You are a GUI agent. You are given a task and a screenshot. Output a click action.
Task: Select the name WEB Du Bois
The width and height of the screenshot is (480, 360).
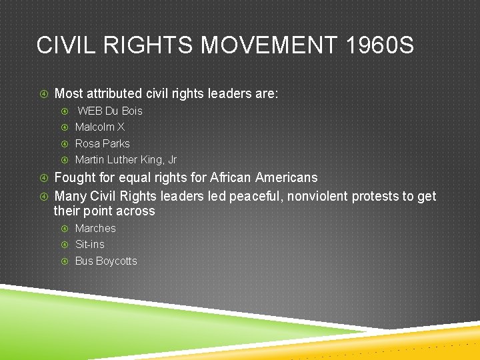point(110,111)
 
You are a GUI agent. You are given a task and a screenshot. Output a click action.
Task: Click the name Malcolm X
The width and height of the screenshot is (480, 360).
point(100,127)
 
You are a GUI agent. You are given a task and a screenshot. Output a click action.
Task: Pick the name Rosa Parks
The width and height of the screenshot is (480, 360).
point(103,143)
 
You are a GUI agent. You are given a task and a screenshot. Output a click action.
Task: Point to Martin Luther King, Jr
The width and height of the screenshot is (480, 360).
point(126,159)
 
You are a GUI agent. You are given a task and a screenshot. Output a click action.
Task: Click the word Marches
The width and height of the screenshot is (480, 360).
point(95,228)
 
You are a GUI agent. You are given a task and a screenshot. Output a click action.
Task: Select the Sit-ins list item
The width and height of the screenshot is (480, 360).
point(90,244)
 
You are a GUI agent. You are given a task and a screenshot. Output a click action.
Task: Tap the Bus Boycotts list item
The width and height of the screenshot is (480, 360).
point(106,261)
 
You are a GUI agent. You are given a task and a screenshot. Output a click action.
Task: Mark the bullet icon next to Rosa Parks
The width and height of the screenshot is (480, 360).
point(65,143)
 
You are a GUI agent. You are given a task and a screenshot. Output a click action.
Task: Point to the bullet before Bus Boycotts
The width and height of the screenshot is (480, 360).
point(65,261)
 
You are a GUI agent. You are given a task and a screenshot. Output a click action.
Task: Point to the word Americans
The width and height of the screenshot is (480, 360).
point(287,178)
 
